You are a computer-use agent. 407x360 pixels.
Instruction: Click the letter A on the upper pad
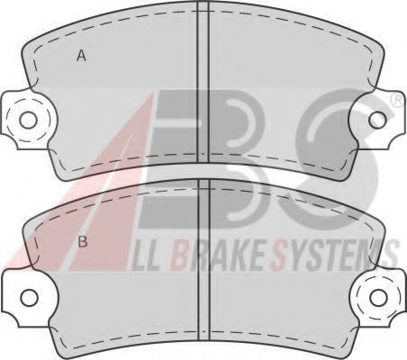tap(81, 56)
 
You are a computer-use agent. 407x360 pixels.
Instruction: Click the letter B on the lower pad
tap(83, 241)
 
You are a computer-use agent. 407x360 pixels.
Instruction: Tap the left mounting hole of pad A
tap(28, 120)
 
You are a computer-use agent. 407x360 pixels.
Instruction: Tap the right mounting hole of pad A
tap(377, 120)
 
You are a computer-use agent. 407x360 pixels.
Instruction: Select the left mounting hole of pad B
tap(30, 297)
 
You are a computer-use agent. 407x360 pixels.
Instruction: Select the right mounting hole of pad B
tap(379, 298)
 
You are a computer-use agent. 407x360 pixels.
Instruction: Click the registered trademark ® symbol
tap(399, 101)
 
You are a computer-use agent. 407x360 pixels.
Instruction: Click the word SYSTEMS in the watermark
tap(334, 256)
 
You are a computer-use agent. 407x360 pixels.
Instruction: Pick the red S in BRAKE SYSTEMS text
tap(278, 256)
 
